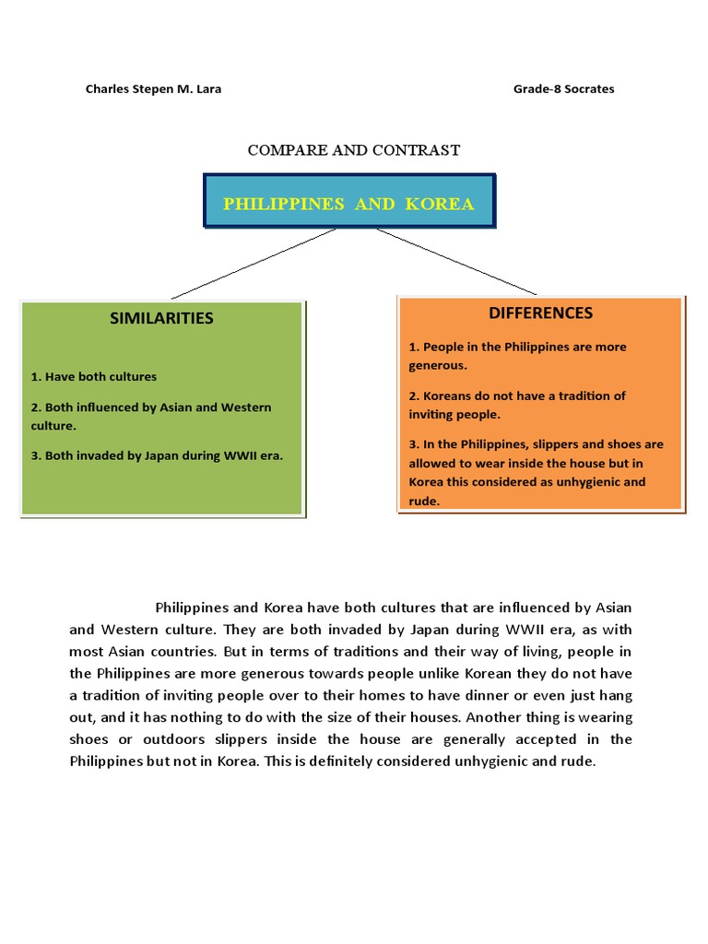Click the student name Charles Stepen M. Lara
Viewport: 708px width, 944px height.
[153, 89]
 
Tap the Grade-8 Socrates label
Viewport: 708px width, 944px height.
[563, 89]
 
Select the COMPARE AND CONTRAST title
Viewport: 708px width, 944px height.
[354, 150]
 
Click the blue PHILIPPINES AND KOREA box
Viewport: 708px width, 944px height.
[348, 204]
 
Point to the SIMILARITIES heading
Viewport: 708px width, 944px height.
[161, 318]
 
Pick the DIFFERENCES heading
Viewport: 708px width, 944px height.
[540, 313]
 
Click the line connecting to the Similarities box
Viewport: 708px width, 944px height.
[254, 264]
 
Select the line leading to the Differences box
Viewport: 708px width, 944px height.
[456, 262]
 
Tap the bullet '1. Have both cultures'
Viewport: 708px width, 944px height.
[94, 376]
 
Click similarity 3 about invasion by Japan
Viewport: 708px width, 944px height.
[158, 454]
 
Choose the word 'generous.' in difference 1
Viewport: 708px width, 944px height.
[439, 365]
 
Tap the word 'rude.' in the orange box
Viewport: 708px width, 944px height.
[424, 501]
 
